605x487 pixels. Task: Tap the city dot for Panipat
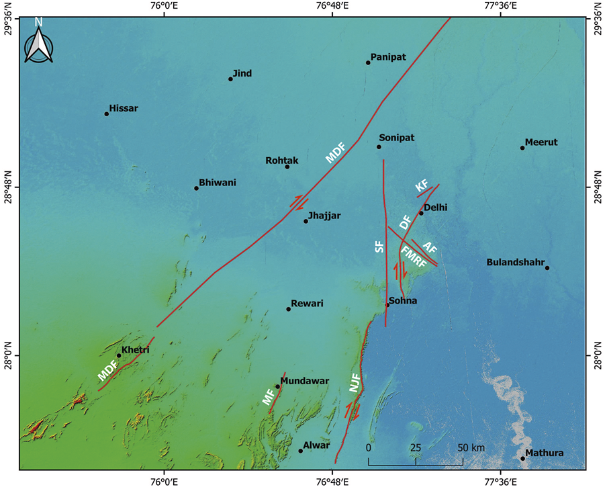click(368, 62)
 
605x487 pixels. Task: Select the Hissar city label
click(124, 108)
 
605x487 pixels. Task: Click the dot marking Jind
click(230, 79)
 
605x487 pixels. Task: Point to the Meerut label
click(541, 142)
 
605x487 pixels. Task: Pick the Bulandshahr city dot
click(547, 268)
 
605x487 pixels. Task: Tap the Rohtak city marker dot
click(287, 166)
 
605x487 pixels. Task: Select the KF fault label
click(422, 186)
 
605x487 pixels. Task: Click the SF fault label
click(379, 247)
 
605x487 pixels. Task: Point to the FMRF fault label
click(414, 258)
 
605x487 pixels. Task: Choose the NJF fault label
click(355, 384)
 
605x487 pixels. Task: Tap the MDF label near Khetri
click(107, 371)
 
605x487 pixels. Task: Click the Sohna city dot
click(387, 305)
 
